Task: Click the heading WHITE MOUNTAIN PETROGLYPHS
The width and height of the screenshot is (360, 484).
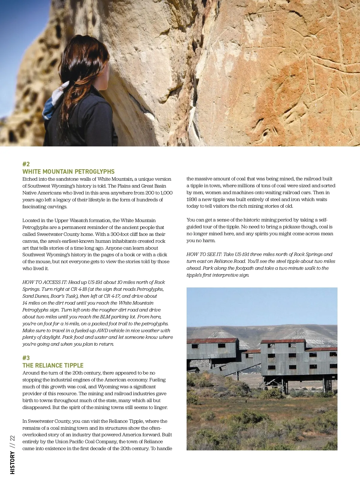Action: click(68, 172)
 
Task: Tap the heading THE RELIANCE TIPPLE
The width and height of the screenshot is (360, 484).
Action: click(53, 365)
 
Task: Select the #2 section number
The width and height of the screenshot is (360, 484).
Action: click(26, 164)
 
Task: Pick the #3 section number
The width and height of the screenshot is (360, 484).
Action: click(26, 358)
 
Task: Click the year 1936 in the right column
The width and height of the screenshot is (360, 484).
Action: click(192, 200)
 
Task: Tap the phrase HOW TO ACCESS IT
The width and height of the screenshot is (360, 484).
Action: click(44, 282)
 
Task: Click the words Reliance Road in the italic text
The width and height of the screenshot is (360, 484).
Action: click(230, 261)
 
